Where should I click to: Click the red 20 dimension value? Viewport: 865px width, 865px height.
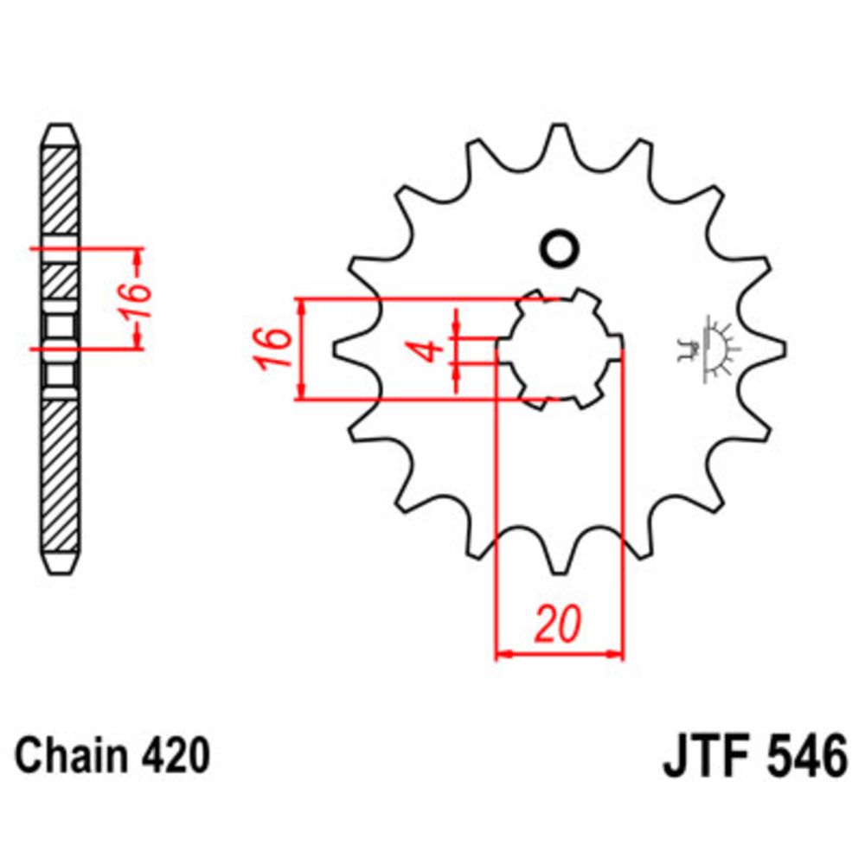tap(557, 625)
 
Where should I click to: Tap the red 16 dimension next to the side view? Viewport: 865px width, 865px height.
tap(136, 298)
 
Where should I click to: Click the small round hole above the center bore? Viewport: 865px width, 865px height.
tap(558, 248)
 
